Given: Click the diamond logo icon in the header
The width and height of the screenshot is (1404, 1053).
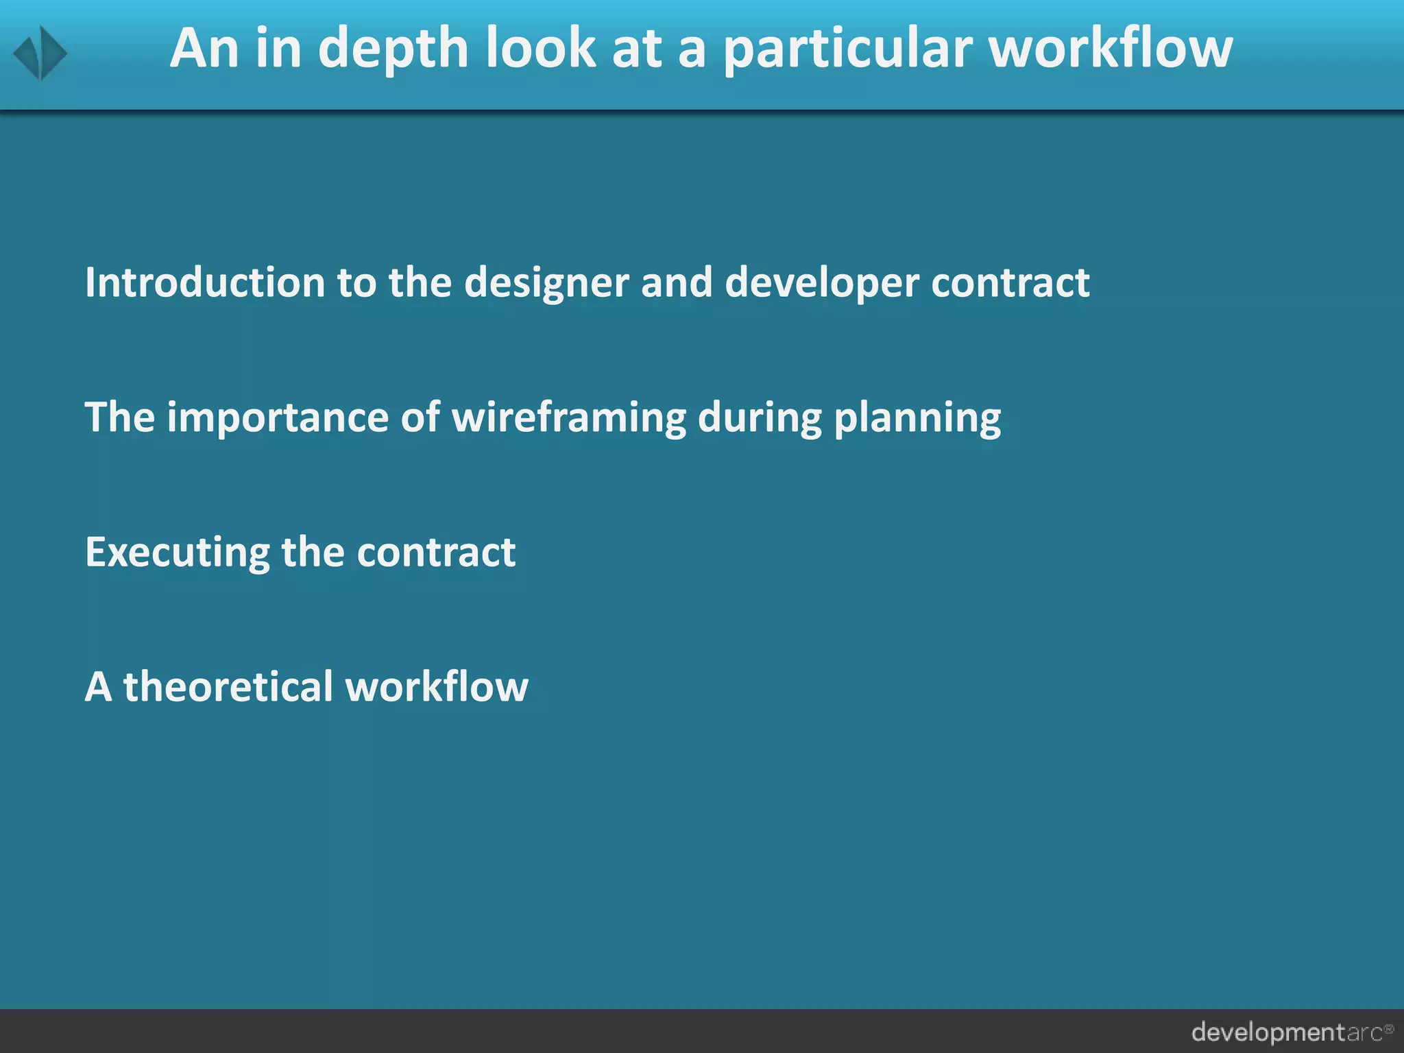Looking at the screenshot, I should pos(40,53).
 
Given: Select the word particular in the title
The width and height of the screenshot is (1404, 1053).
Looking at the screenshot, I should pos(848,49).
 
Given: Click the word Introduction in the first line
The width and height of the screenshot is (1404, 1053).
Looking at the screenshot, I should pos(205,282).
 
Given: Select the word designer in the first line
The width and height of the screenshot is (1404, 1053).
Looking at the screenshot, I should pos(546,284).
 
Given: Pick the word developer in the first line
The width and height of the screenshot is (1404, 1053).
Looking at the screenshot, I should pos(821,284).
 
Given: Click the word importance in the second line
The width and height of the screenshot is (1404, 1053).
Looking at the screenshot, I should pos(278,417).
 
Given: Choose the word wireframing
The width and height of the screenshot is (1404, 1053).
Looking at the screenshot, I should pos(569,417).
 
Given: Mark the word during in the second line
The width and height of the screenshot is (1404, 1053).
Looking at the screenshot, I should pos(760,417).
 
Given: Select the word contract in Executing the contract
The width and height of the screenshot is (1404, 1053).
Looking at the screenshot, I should pos(436,553).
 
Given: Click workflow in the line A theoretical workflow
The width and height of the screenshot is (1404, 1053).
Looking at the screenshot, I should pos(437,686).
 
